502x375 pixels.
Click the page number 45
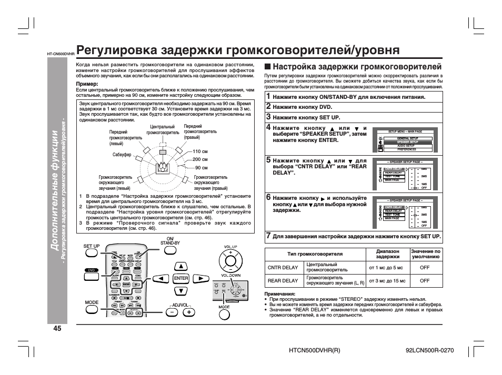57,329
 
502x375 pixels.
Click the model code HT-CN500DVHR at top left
61,54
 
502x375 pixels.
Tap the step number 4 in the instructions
268,127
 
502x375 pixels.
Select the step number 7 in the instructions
268,236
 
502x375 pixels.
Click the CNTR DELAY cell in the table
283,267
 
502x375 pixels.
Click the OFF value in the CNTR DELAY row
425,267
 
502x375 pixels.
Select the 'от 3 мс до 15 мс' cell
387,281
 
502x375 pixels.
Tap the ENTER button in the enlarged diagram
181,278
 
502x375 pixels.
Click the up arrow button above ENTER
181,266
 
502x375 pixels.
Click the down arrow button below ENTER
181,291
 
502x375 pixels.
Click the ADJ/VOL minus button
172,311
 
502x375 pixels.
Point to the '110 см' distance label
200,151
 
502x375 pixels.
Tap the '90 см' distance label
202,167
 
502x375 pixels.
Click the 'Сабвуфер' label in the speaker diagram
122,155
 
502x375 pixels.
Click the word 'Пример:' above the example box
87,84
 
